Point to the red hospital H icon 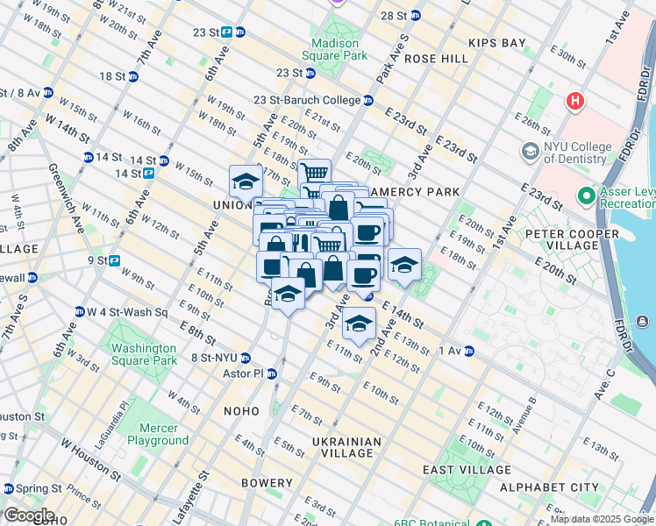pyautogui.click(x=575, y=101)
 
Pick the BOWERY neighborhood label pyautogui.click(x=266, y=483)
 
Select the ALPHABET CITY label pyautogui.click(x=549, y=487)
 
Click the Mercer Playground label pyautogui.click(x=158, y=434)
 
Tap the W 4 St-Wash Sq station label pyautogui.click(x=125, y=312)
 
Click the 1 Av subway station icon pyautogui.click(x=469, y=351)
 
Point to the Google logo pyautogui.click(x=28, y=515)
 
